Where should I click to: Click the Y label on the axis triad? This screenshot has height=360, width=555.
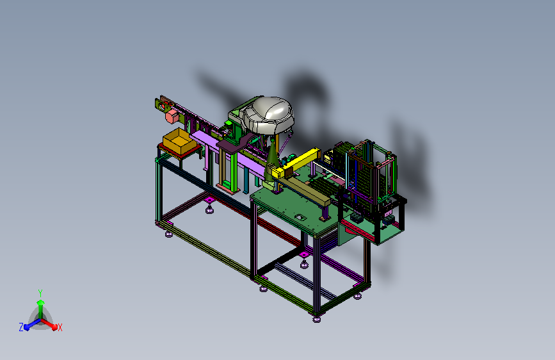(40, 293)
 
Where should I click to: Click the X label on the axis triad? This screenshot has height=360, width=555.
(60, 327)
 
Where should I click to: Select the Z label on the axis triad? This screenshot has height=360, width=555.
(21, 327)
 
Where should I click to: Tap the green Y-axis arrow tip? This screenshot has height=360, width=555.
(41, 302)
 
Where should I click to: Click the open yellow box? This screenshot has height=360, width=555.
(179, 142)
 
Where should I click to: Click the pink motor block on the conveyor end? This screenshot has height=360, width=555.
(172, 117)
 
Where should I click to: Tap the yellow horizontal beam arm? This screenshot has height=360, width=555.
(296, 163)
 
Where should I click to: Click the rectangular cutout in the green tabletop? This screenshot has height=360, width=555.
(300, 217)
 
